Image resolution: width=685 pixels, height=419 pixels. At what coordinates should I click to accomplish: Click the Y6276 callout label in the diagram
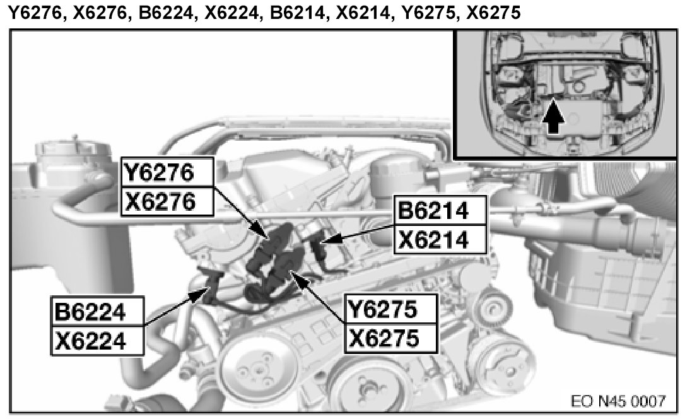click(x=167, y=172)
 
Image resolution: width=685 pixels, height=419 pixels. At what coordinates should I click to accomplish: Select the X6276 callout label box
click(x=167, y=201)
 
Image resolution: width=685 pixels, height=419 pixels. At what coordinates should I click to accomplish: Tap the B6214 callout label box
click(x=440, y=211)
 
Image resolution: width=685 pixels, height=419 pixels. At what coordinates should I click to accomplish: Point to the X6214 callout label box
click(x=440, y=239)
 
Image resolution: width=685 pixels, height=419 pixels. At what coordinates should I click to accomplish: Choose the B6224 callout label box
click(x=97, y=312)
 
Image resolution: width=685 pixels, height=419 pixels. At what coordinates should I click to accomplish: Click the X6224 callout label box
click(x=97, y=340)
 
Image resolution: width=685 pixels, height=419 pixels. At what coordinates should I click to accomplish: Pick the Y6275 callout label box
click(x=391, y=309)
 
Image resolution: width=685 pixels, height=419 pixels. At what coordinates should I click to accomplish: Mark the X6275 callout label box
click(x=391, y=338)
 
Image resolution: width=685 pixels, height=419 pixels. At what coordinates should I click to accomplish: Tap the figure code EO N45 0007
click(x=618, y=401)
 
